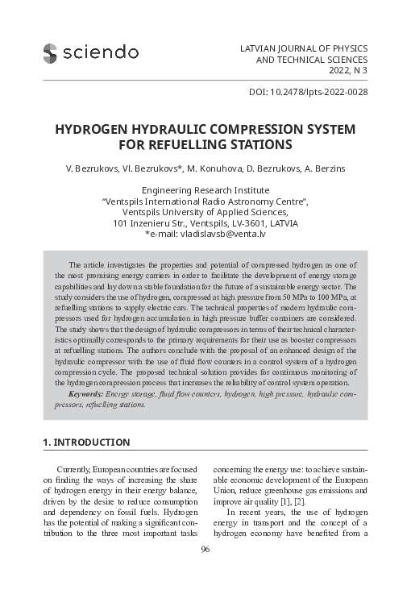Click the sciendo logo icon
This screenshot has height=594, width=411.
[51, 52]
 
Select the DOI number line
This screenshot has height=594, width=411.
[303, 93]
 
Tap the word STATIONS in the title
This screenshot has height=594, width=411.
[259, 146]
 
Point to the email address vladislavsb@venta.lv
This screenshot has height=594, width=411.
[220, 235]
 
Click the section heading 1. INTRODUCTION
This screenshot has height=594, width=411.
[85, 442]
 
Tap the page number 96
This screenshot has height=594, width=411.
[205, 572]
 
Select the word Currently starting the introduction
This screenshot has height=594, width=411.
[78, 469]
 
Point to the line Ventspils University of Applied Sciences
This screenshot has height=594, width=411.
[205, 212]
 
